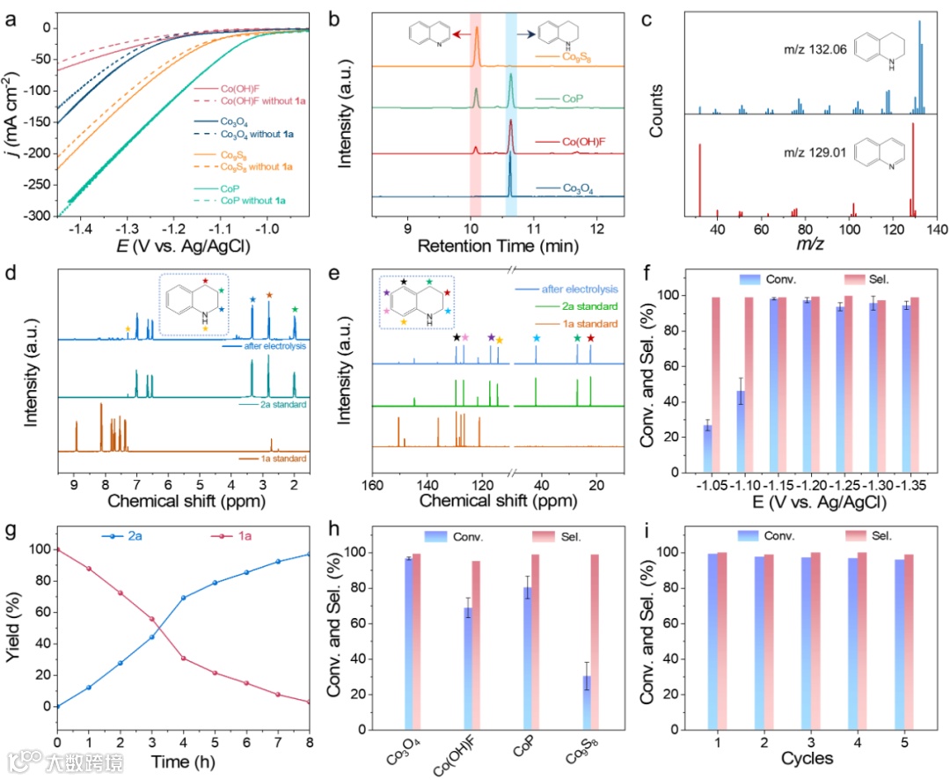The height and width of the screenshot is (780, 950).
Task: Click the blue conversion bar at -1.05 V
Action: tap(707, 449)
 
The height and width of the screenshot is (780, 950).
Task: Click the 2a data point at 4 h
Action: tap(183, 598)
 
